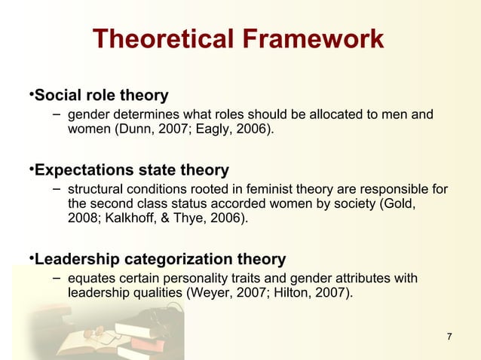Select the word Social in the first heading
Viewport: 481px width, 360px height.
(59, 96)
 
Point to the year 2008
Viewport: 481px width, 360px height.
(83, 218)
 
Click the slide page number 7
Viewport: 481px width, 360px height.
(450, 336)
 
